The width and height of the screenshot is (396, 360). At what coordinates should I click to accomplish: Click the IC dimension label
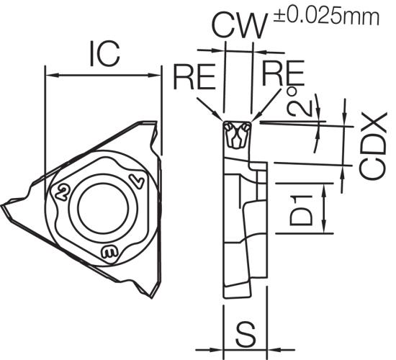105,54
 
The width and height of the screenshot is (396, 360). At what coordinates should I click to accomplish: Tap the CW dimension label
239,26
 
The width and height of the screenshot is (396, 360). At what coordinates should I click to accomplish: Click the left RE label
194,76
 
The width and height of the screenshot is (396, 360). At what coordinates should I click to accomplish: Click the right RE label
283,73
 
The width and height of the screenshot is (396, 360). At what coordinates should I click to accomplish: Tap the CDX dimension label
373,146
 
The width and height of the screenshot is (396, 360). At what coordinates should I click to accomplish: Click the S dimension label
246,334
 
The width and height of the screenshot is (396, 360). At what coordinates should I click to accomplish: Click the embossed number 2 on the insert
62,192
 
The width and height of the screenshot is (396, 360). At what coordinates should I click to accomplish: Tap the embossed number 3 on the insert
109,251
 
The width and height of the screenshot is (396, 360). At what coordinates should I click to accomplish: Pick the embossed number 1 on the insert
137,181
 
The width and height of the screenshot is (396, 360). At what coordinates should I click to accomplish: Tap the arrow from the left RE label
210,109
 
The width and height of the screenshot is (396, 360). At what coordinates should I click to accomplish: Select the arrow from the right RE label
266,105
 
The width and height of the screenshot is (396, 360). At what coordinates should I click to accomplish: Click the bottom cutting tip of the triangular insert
152,297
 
